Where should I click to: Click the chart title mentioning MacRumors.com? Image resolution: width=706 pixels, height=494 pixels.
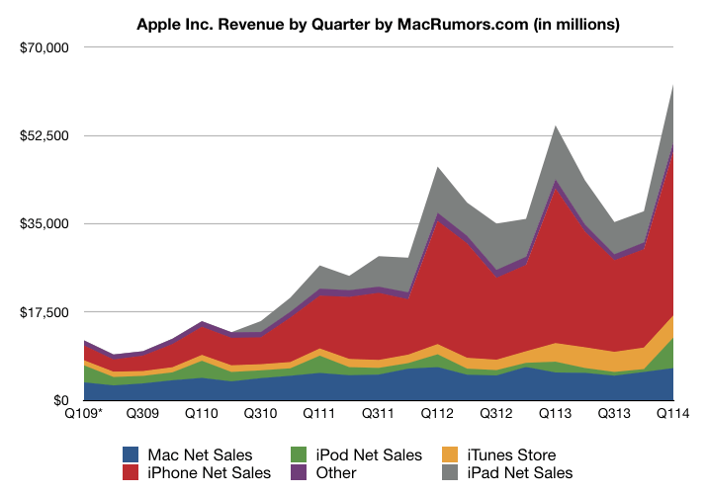378,23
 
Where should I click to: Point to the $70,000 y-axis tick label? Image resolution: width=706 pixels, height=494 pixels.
42,47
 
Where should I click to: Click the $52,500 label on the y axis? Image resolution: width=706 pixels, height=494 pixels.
42,135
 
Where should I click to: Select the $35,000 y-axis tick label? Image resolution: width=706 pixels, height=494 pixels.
42,224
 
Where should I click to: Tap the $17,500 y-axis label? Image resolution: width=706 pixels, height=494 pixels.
42,312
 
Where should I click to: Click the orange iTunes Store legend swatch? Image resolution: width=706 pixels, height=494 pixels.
448,455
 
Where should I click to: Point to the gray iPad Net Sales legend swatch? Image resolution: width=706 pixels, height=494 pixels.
448,473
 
